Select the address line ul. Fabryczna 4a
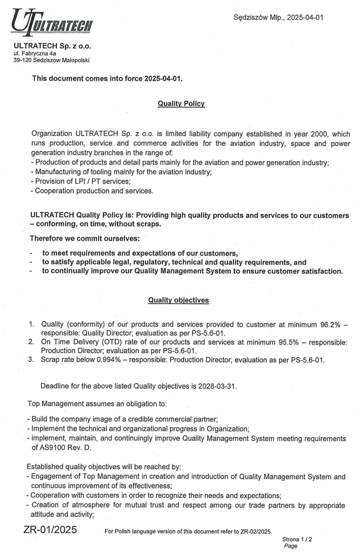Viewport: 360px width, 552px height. [x=36, y=54]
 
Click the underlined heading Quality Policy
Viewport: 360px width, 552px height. [x=180, y=103]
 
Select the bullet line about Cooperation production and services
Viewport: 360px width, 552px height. [x=92, y=191]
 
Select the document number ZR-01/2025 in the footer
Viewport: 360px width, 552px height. [x=50, y=529]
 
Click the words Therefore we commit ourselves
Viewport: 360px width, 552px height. [x=88, y=238]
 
